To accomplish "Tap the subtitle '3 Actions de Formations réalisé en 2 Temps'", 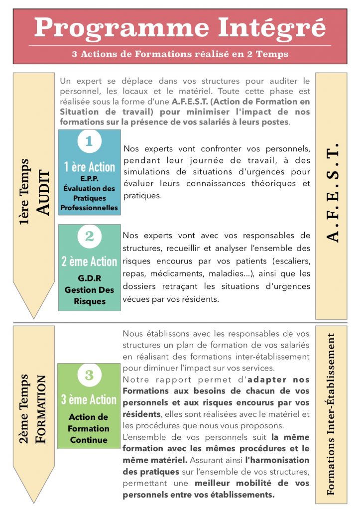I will (180, 54).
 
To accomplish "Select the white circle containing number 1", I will (90, 141).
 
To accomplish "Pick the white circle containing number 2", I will (90, 236).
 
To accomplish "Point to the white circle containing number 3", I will (89, 375).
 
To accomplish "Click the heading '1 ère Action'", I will (90, 167).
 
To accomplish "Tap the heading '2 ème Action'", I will (90, 261).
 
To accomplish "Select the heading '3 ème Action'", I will (89, 399).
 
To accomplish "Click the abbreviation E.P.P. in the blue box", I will (90, 179).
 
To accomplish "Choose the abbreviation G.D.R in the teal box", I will (90, 278).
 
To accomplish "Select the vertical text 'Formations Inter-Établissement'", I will (332, 413).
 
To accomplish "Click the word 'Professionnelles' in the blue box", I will (90, 207).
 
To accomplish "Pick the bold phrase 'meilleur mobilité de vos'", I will (252, 483).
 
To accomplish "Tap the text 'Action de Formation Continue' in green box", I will (89, 428).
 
